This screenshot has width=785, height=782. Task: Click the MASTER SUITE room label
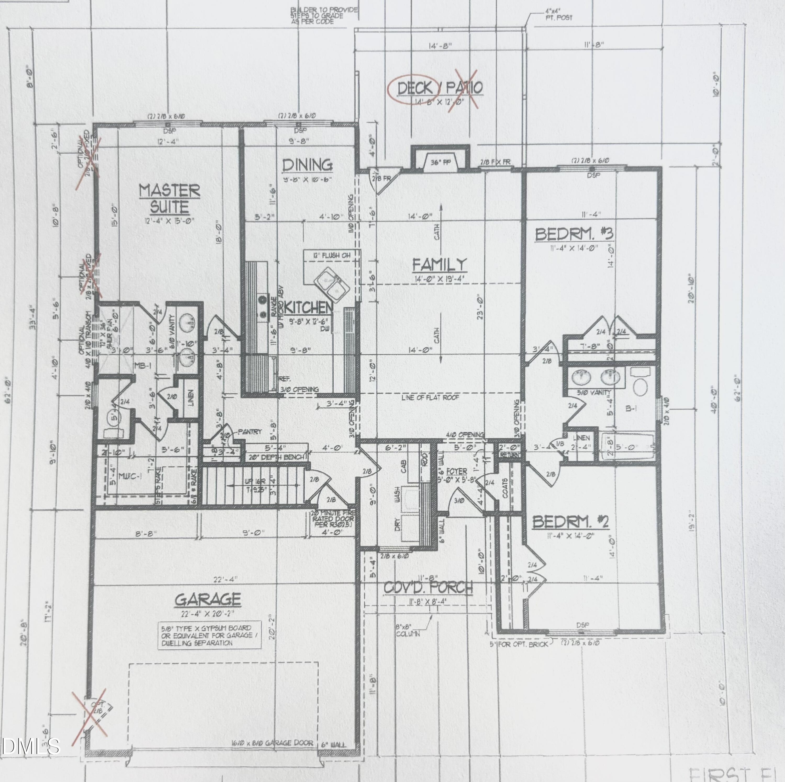[170, 198]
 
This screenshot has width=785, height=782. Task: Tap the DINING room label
[307, 165]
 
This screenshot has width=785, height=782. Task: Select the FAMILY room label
[440, 265]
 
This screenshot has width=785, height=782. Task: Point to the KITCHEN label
[309, 307]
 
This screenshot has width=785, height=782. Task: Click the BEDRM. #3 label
[574, 234]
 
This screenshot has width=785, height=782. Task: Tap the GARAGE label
[208, 599]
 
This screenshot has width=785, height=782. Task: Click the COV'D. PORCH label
[428, 587]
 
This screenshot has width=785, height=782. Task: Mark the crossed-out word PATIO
[465, 88]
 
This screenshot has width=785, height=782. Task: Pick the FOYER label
[456, 471]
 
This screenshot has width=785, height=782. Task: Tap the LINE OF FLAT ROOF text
[430, 397]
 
